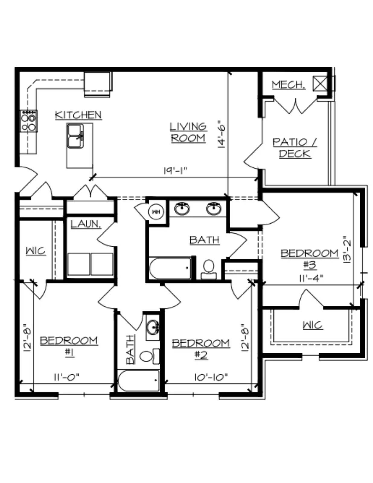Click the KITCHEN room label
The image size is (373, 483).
click(78, 115)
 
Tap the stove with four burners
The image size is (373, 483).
click(29, 121)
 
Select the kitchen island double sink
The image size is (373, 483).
click(75, 136)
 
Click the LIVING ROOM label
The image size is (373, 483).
click(188, 133)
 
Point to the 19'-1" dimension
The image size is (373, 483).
click(175, 171)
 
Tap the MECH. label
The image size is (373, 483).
click(289, 85)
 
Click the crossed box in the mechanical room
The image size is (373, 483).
click(320, 84)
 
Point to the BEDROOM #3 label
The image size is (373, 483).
click(310, 259)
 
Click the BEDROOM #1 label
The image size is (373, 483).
click(69, 346)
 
